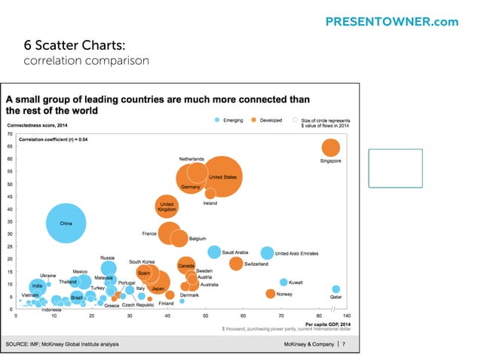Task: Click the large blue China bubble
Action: [x=66, y=224]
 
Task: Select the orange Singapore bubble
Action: [x=330, y=148]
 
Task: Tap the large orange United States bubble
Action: [x=222, y=176]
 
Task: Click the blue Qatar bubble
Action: [x=335, y=288]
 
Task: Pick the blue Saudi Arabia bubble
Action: [x=215, y=252]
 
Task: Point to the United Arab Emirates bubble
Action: [x=267, y=253]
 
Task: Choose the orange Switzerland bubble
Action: [x=236, y=264]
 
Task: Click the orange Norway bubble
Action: [x=271, y=294]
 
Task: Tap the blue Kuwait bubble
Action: [x=283, y=282]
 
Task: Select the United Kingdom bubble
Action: [x=167, y=204]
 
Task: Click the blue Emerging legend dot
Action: [x=217, y=120]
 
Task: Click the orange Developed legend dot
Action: [x=254, y=120]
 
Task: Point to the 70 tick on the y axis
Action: [x=10, y=133]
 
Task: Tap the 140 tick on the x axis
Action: [x=346, y=316]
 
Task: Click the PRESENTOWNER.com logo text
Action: [x=391, y=22]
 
